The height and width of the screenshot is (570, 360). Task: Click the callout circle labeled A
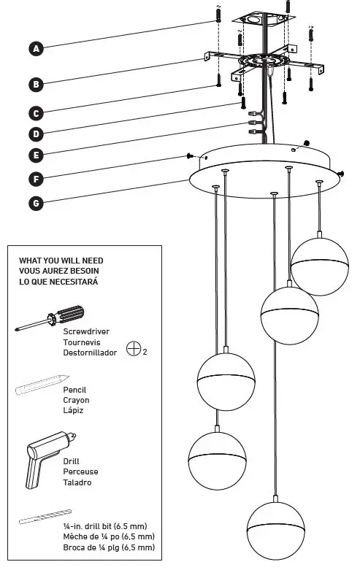point(36,49)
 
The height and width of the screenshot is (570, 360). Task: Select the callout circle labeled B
point(36,85)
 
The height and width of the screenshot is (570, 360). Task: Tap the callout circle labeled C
point(36,113)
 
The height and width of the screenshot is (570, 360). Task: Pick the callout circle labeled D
point(36,134)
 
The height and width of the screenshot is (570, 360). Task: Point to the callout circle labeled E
point(36,155)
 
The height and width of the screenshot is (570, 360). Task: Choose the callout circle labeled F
point(36,179)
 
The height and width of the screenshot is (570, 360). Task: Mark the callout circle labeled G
point(36,203)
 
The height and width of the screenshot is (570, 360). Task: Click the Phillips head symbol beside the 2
point(133,349)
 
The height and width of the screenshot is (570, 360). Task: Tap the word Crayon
point(77,400)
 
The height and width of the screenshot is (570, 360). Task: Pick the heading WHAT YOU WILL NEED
point(61,261)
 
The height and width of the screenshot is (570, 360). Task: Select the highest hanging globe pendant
point(319,266)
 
